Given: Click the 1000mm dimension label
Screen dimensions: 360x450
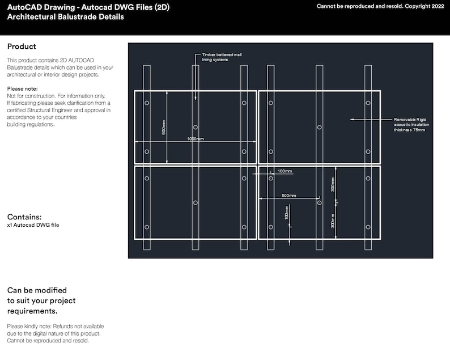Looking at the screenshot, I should (195, 138).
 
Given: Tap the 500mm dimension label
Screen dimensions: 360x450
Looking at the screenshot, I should (288, 196).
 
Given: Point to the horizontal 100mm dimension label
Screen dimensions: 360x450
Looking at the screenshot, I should (285, 171).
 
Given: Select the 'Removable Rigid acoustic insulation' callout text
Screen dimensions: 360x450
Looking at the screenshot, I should (410, 125).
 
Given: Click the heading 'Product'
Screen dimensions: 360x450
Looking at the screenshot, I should (22, 46).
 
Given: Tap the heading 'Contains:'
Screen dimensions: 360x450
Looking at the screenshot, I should (24, 217).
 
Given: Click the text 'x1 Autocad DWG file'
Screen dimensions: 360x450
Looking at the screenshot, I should (33, 225).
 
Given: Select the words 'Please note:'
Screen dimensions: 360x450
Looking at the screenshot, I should (22, 89).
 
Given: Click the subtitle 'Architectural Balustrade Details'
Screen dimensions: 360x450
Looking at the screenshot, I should (65, 17).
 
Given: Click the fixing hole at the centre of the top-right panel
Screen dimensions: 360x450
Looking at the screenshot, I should (319, 127).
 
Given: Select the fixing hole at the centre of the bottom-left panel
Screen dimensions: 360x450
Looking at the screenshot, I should (196, 202).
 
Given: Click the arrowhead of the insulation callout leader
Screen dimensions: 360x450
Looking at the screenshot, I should (351, 120).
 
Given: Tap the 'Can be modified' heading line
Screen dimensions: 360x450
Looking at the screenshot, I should (37, 290).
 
